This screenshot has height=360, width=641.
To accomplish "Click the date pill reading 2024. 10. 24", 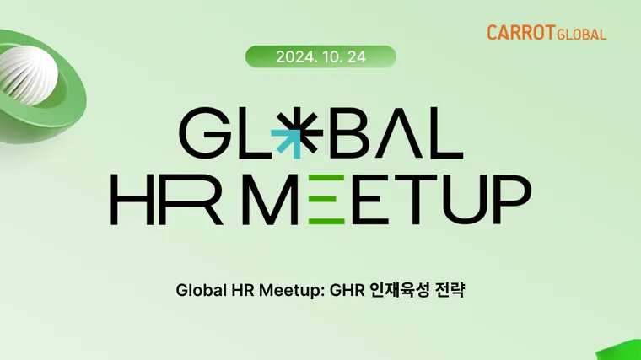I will [x=320, y=56].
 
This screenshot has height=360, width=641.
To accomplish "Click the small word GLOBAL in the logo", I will [x=581, y=35].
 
